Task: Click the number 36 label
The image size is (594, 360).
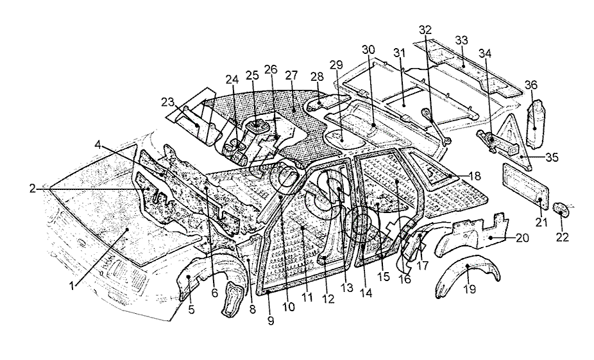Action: point(531,85)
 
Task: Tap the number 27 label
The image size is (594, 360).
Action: point(292,75)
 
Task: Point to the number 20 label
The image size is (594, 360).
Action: point(522,237)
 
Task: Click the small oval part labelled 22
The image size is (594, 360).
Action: point(560,209)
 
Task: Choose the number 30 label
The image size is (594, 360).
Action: point(367,50)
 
